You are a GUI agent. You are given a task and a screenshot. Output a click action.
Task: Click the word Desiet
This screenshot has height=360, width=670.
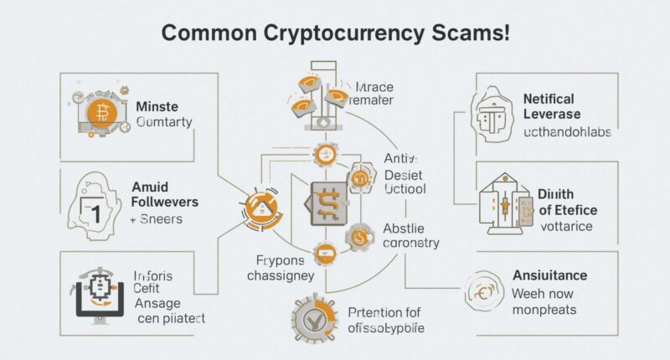[403, 174]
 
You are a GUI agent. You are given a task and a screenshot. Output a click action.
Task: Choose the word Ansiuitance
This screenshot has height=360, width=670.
[549, 275]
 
